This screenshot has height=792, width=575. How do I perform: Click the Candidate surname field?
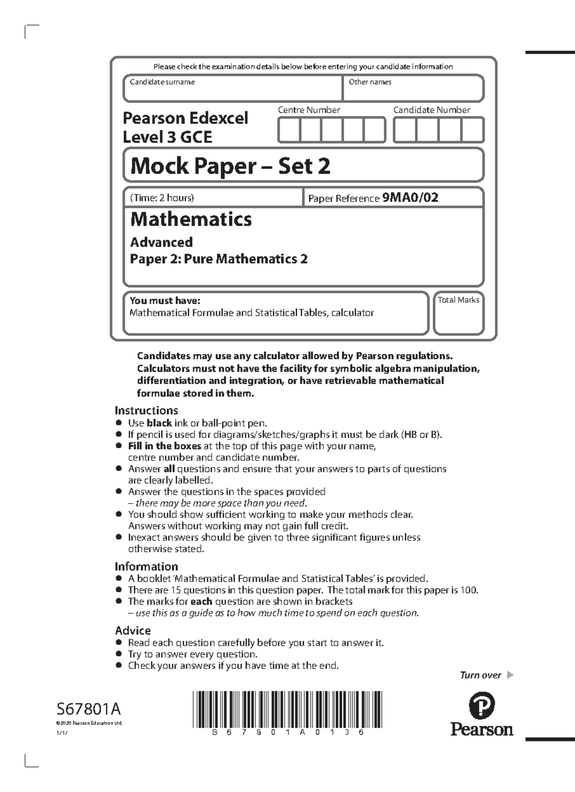(232, 91)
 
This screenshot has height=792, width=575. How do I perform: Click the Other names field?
(413, 91)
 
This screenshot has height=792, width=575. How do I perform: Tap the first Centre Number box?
(289, 130)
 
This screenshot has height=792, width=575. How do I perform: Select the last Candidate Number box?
(472, 130)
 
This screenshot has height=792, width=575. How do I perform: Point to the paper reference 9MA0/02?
(410, 197)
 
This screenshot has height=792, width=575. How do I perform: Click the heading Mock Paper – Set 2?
(230, 166)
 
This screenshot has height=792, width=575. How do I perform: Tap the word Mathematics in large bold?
(191, 219)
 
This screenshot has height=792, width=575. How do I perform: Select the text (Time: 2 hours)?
(162, 197)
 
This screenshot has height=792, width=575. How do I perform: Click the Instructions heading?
(146, 410)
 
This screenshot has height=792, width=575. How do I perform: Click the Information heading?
(146, 566)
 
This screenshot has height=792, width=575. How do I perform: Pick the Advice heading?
(133, 631)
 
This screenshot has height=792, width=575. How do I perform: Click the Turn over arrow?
(510, 675)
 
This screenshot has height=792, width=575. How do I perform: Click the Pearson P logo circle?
(482, 706)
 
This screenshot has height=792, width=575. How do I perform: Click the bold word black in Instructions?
(159, 423)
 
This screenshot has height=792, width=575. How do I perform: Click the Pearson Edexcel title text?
(185, 118)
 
